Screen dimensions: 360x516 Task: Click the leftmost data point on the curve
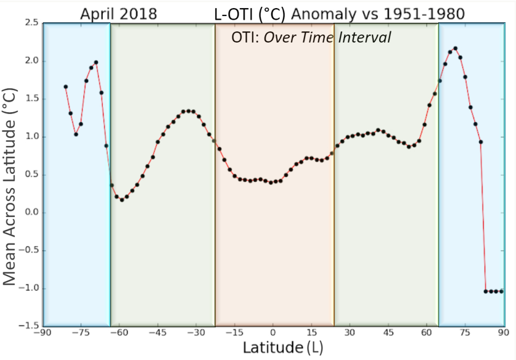coord(65,87)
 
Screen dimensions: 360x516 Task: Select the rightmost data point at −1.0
coord(502,291)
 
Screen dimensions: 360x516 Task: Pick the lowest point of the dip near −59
coord(122,200)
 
